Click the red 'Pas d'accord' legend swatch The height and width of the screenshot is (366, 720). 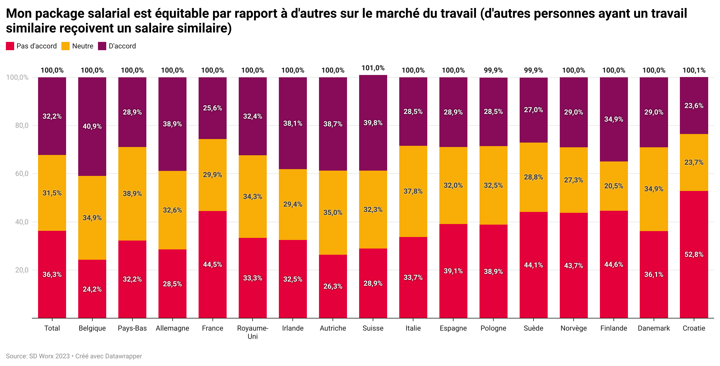[10, 46]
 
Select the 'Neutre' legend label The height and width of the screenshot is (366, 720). [83, 46]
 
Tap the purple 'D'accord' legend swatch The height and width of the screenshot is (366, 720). [102, 46]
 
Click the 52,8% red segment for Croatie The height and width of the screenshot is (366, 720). [694, 254]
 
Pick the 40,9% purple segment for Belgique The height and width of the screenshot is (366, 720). [92, 126]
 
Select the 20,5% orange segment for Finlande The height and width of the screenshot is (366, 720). [613, 186]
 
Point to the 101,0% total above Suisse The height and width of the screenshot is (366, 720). [373, 68]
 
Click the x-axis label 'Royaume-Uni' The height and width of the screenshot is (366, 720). [253, 332]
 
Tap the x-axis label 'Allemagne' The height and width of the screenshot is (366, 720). [172, 328]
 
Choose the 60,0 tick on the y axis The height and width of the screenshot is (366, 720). [22, 174]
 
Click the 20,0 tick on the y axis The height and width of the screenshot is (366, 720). [22, 270]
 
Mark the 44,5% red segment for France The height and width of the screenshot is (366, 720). [212, 264]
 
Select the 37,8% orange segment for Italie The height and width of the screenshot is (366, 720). [413, 191]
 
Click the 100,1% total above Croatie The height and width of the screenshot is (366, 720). [694, 70]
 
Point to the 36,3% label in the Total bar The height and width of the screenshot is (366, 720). [52, 274]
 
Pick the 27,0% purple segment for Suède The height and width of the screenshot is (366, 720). [533, 110]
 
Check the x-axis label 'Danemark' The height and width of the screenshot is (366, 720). [654, 328]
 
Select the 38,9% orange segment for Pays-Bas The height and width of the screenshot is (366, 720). [132, 194]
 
